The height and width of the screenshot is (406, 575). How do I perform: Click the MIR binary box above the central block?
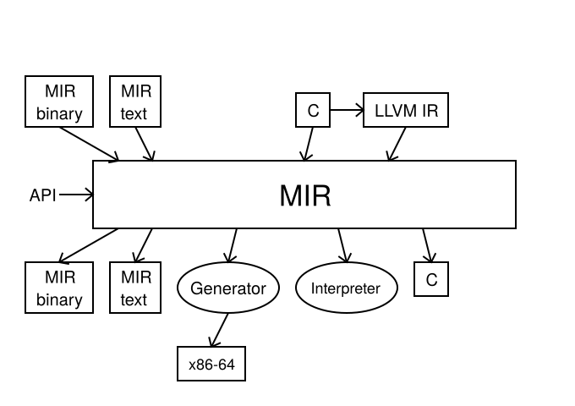point(59,101)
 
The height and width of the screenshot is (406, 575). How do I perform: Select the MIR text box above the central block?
point(134,101)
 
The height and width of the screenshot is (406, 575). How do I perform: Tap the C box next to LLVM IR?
point(313,110)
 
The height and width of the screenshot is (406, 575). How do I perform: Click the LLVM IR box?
point(406,110)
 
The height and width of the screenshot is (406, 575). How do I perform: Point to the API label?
point(42,195)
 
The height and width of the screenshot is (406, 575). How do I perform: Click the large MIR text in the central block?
point(304,196)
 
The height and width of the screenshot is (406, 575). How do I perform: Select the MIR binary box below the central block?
point(59,288)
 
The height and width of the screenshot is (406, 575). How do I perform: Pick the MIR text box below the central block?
point(134,288)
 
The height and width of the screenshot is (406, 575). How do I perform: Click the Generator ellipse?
point(228,288)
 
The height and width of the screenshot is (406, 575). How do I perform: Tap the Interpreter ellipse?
point(346,288)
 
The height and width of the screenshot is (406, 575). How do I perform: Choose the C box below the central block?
point(431,280)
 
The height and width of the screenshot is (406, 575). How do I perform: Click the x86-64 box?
point(211,364)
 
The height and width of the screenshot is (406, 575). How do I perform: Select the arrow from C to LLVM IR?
point(346,110)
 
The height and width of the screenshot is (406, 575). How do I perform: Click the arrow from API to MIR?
point(76,195)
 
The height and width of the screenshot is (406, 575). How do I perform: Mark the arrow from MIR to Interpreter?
point(342,245)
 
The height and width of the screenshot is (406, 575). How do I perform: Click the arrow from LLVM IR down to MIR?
point(397,144)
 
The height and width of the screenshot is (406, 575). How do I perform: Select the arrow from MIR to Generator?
point(232,245)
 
